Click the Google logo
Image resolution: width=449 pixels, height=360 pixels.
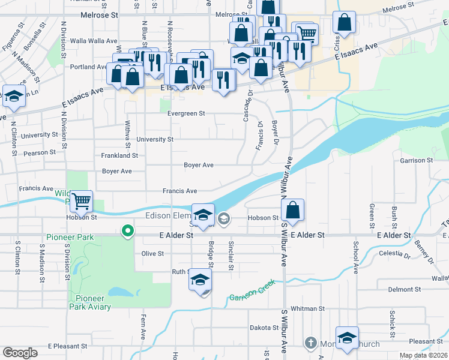coord(20,353)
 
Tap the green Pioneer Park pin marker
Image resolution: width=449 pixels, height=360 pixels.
coord(127,230)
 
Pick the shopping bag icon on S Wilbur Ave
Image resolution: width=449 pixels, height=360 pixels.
coord(292,211)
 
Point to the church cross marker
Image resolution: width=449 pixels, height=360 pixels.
coord(310,343)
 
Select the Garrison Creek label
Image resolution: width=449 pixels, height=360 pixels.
coord(252,290)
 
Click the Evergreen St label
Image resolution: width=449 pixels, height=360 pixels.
coord(186,113)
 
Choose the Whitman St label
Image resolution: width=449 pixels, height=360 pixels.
coord(307,308)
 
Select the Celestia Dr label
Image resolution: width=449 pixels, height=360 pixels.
coord(394,254)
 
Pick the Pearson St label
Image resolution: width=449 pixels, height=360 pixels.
coord(40,152)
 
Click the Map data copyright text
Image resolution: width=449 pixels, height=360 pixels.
coord(423,355)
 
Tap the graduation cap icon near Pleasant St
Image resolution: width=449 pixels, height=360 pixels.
coord(347,338)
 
